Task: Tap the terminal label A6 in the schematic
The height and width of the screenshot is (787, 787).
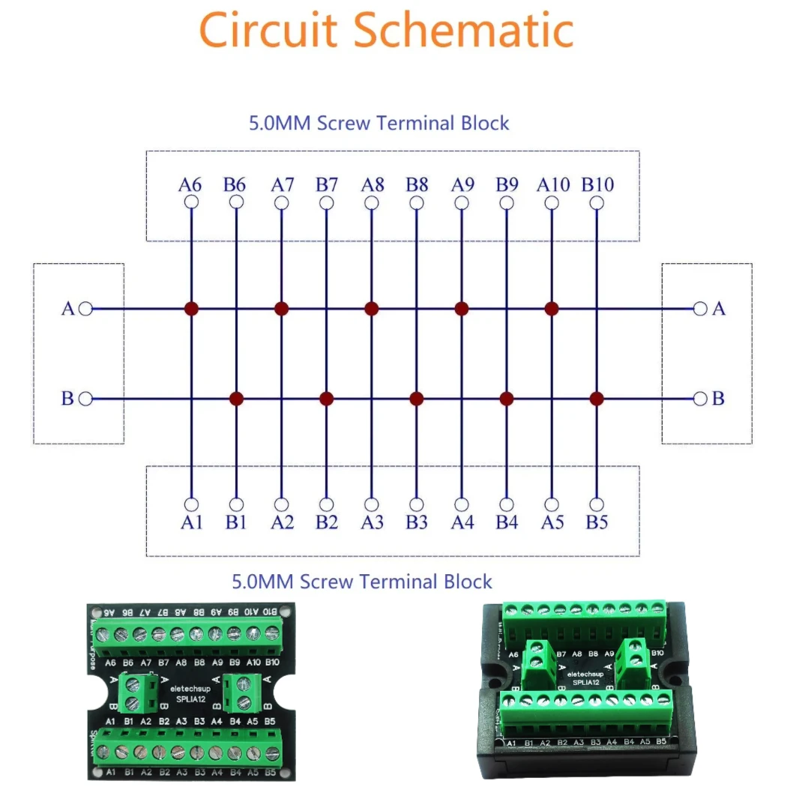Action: [191, 184]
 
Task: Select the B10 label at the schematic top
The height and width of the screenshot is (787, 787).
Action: [597, 184]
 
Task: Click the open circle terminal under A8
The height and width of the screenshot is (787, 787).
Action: [372, 202]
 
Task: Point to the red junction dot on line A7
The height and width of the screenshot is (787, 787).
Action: [281, 308]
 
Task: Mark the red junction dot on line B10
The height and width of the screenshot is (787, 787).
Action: [597, 399]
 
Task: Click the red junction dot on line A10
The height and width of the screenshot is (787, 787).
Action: [552, 308]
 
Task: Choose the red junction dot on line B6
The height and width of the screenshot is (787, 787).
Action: [236, 399]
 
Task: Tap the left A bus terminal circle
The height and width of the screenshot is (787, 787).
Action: [86, 308]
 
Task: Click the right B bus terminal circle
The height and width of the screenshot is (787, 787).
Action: [700, 399]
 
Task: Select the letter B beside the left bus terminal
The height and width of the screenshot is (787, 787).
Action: [67, 399]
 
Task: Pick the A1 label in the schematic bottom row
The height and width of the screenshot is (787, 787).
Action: [191, 522]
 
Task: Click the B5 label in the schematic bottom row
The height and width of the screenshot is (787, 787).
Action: [597, 522]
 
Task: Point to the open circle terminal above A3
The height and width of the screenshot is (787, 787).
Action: [372, 504]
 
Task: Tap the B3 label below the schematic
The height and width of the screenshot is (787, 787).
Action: [417, 522]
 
